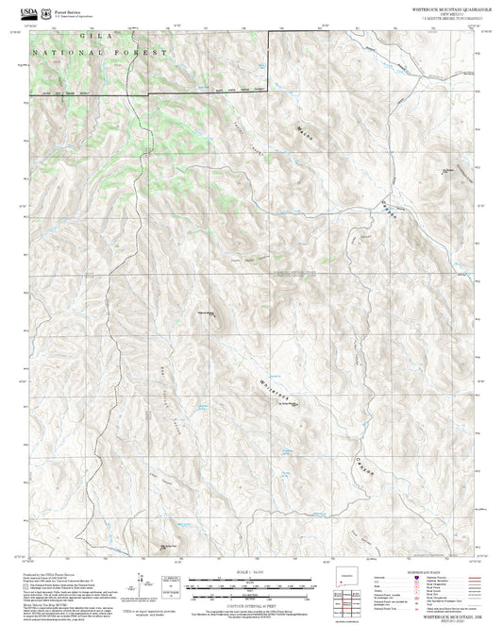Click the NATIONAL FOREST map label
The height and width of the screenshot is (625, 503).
click(x=99, y=52)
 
